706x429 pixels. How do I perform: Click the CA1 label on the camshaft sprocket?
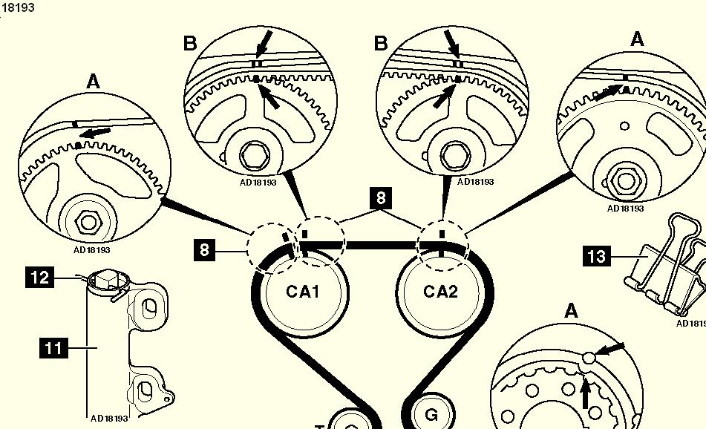click(303, 291)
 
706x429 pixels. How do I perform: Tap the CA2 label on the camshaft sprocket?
click(441, 291)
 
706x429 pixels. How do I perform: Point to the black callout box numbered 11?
click(53, 347)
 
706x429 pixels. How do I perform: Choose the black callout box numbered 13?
click(597, 257)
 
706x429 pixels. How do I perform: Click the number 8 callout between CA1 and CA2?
click(381, 198)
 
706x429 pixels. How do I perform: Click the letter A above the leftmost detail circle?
click(93, 82)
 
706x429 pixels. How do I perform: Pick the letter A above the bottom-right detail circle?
click(570, 312)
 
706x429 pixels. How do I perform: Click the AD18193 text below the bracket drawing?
click(109, 419)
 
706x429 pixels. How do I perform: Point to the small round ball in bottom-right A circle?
click(590, 358)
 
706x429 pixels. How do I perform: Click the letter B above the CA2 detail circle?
click(381, 43)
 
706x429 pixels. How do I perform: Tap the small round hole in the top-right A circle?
click(627, 125)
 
